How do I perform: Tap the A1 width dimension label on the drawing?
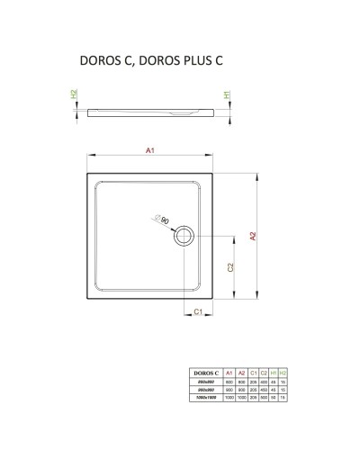click(x=150, y=151)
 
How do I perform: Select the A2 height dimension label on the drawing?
click(x=254, y=238)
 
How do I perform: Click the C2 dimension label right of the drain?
click(x=231, y=267)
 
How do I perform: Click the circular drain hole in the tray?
click(x=184, y=236)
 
